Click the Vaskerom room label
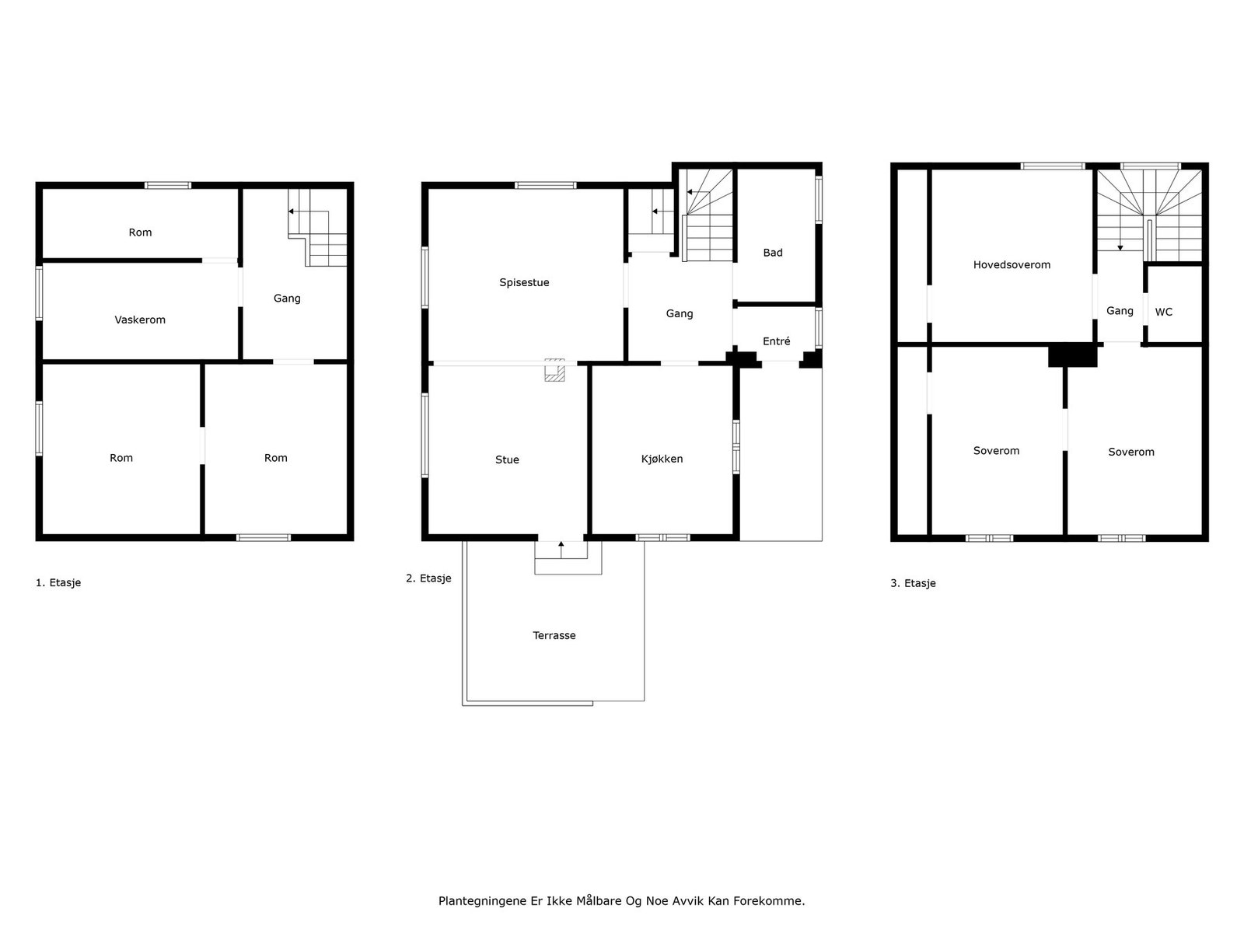(140, 320)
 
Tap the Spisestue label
(524, 283)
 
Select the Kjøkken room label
(662, 459)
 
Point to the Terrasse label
(554, 635)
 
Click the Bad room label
(772, 253)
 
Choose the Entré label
(776, 341)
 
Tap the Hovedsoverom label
(1012, 265)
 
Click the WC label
(1163, 313)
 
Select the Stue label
(507, 460)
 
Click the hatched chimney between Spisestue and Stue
(554, 371)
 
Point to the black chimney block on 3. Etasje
(1072, 355)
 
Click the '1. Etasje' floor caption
(58, 582)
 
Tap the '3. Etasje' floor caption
(913, 583)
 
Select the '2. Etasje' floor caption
(428, 578)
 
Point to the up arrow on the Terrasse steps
(561, 549)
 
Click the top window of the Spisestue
(545, 185)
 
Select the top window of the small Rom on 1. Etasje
(168, 185)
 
